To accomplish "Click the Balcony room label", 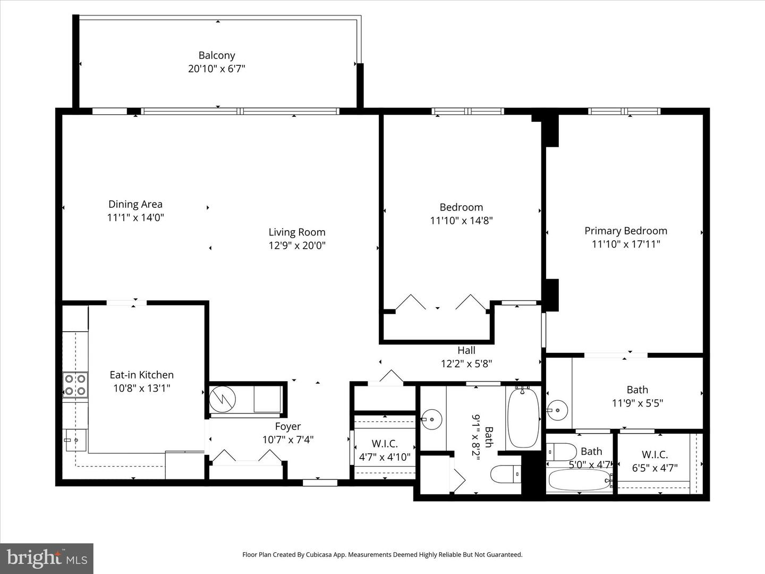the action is [216, 55].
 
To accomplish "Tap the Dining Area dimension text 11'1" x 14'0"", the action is [135, 218].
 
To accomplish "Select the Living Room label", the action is [297, 232].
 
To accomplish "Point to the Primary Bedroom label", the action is [626, 231].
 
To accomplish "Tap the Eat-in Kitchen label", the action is [141, 375].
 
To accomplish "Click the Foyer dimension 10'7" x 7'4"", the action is [288, 440].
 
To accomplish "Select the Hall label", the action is [466, 350].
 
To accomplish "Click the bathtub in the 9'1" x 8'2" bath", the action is [523, 418].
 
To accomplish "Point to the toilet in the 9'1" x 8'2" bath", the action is [506, 474].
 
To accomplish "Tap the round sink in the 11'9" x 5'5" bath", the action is [557, 410].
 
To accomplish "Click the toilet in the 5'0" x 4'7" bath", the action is [562, 452].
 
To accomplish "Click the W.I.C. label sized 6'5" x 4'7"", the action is [655, 454].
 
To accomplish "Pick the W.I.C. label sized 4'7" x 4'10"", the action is [385, 444].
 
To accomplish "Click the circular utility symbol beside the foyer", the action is [223, 399].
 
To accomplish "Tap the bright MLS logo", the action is [47, 559].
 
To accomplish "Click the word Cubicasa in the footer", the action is [318, 554].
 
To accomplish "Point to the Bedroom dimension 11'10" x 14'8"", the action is [461, 221].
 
